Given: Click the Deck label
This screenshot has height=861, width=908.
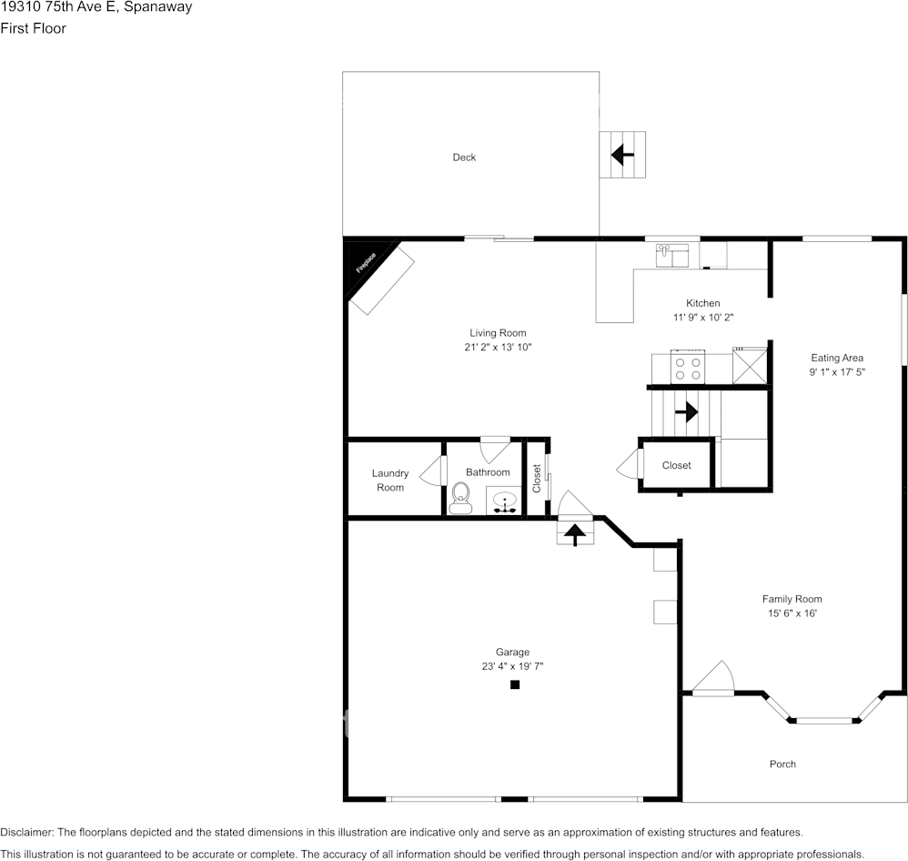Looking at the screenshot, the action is pyautogui.click(x=464, y=157).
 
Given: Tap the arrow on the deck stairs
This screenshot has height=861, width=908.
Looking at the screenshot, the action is pyautogui.click(x=622, y=155).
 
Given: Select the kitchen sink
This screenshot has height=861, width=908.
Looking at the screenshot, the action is pyautogui.click(x=671, y=256).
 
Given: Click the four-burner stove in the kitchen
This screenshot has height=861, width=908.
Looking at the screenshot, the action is pyautogui.click(x=688, y=368).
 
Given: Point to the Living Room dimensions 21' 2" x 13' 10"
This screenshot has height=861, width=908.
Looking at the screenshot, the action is pyautogui.click(x=498, y=347).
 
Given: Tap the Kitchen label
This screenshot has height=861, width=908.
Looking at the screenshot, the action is pyautogui.click(x=703, y=303).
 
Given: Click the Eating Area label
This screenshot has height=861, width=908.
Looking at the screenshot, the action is pyautogui.click(x=837, y=358).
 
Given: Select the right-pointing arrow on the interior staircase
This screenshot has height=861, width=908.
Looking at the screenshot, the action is pyautogui.click(x=686, y=412).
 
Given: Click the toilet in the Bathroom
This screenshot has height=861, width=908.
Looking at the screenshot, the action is pyautogui.click(x=460, y=498).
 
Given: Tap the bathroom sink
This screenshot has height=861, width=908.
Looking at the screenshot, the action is pyautogui.click(x=505, y=501).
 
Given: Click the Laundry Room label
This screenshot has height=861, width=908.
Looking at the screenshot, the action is pyautogui.click(x=390, y=481).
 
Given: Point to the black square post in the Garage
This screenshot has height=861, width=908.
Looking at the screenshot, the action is pyautogui.click(x=515, y=684).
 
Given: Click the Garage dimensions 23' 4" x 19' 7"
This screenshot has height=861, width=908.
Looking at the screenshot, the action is pyautogui.click(x=512, y=666).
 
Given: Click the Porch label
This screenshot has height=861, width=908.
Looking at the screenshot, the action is pyautogui.click(x=782, y=765).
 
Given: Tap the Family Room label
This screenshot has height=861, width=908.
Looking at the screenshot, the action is pyautogui.click(x=792, y=599).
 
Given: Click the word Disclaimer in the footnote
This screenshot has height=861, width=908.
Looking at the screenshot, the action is pyautogui.click(x=26, y=833).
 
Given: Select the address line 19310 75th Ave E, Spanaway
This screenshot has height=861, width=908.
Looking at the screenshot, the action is pyautogui.click(x=96, y=7).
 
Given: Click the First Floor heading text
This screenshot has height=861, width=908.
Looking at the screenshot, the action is pyautogui.click(x=33, y=28).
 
